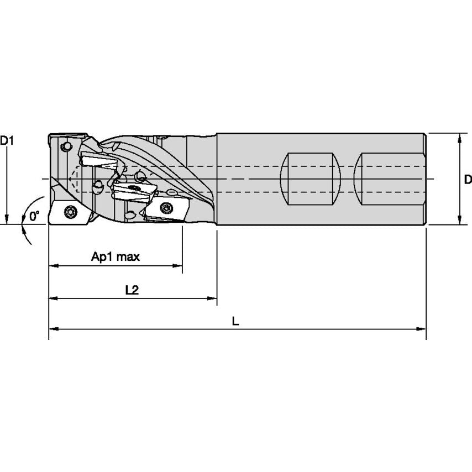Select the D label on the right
tap(468, 179)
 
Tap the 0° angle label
tap(34, 216)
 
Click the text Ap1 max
tap(116, 256)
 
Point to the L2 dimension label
tap(132, 289)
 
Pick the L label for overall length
tap(235, 321)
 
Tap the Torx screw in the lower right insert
tap(167, 208)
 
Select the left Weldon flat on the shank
tap(310, 179)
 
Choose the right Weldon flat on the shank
tap(390, 179)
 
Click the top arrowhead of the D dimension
tap(459, 137)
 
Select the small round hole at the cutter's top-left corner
tap(67, 147)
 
